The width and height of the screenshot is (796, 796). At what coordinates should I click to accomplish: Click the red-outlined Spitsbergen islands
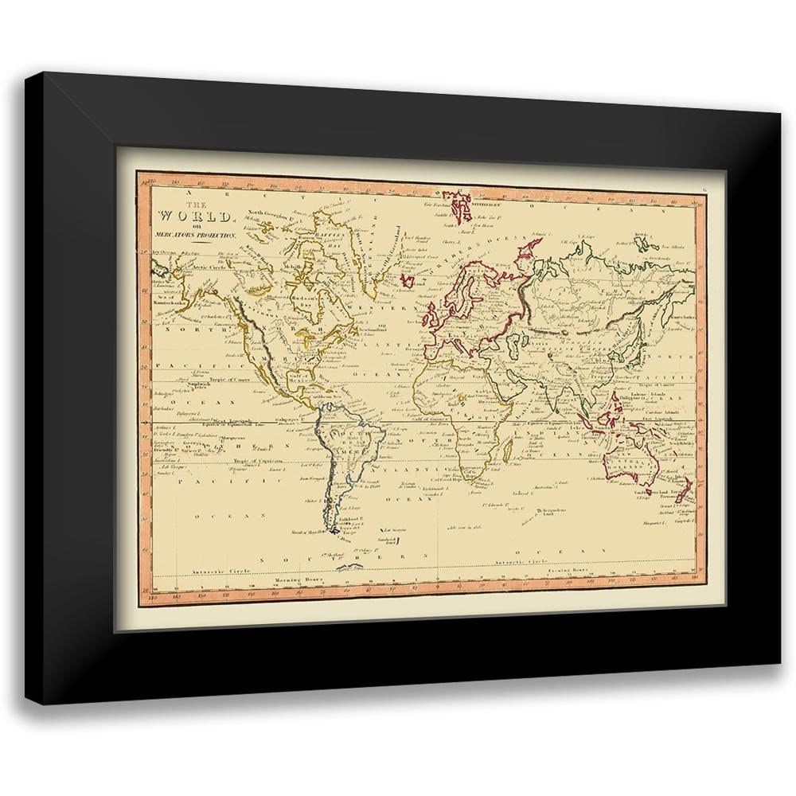point(460,205)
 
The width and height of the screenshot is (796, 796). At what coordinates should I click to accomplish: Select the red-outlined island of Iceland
point(408,280)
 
